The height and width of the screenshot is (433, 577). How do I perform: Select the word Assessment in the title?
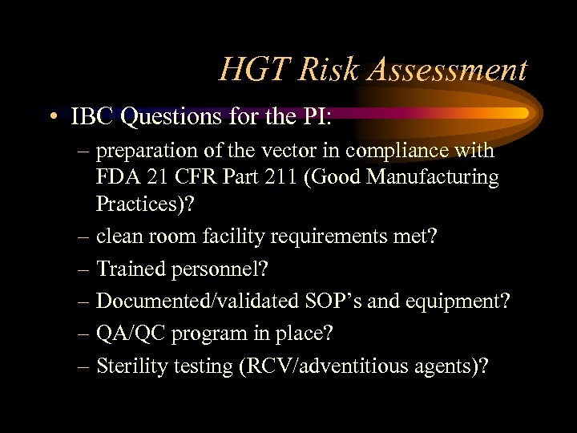[x=447, y=71]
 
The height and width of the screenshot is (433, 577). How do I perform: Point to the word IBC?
[x=93, y=117]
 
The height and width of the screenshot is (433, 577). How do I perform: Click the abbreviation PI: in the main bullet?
[x=314, y=117]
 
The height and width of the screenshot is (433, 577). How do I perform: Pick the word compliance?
[x=417, y=152]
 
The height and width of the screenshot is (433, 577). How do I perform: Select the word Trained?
[x=131, y=269]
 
